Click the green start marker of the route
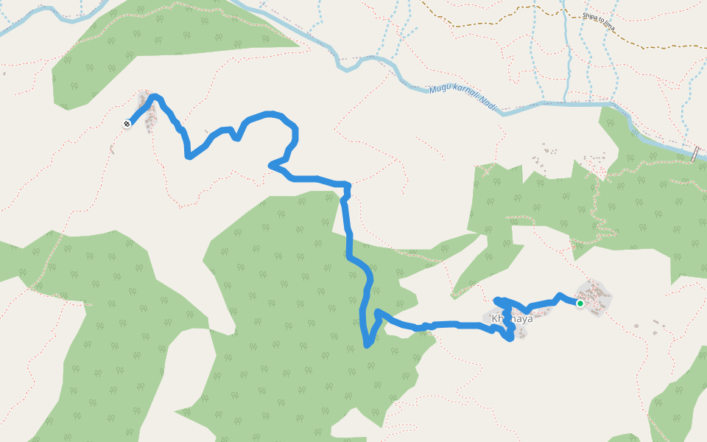coord(580,304)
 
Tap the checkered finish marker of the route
coord(127,124)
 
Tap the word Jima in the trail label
coord(608,28)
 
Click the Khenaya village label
coord(511,319)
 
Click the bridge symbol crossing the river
coord(694,154)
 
